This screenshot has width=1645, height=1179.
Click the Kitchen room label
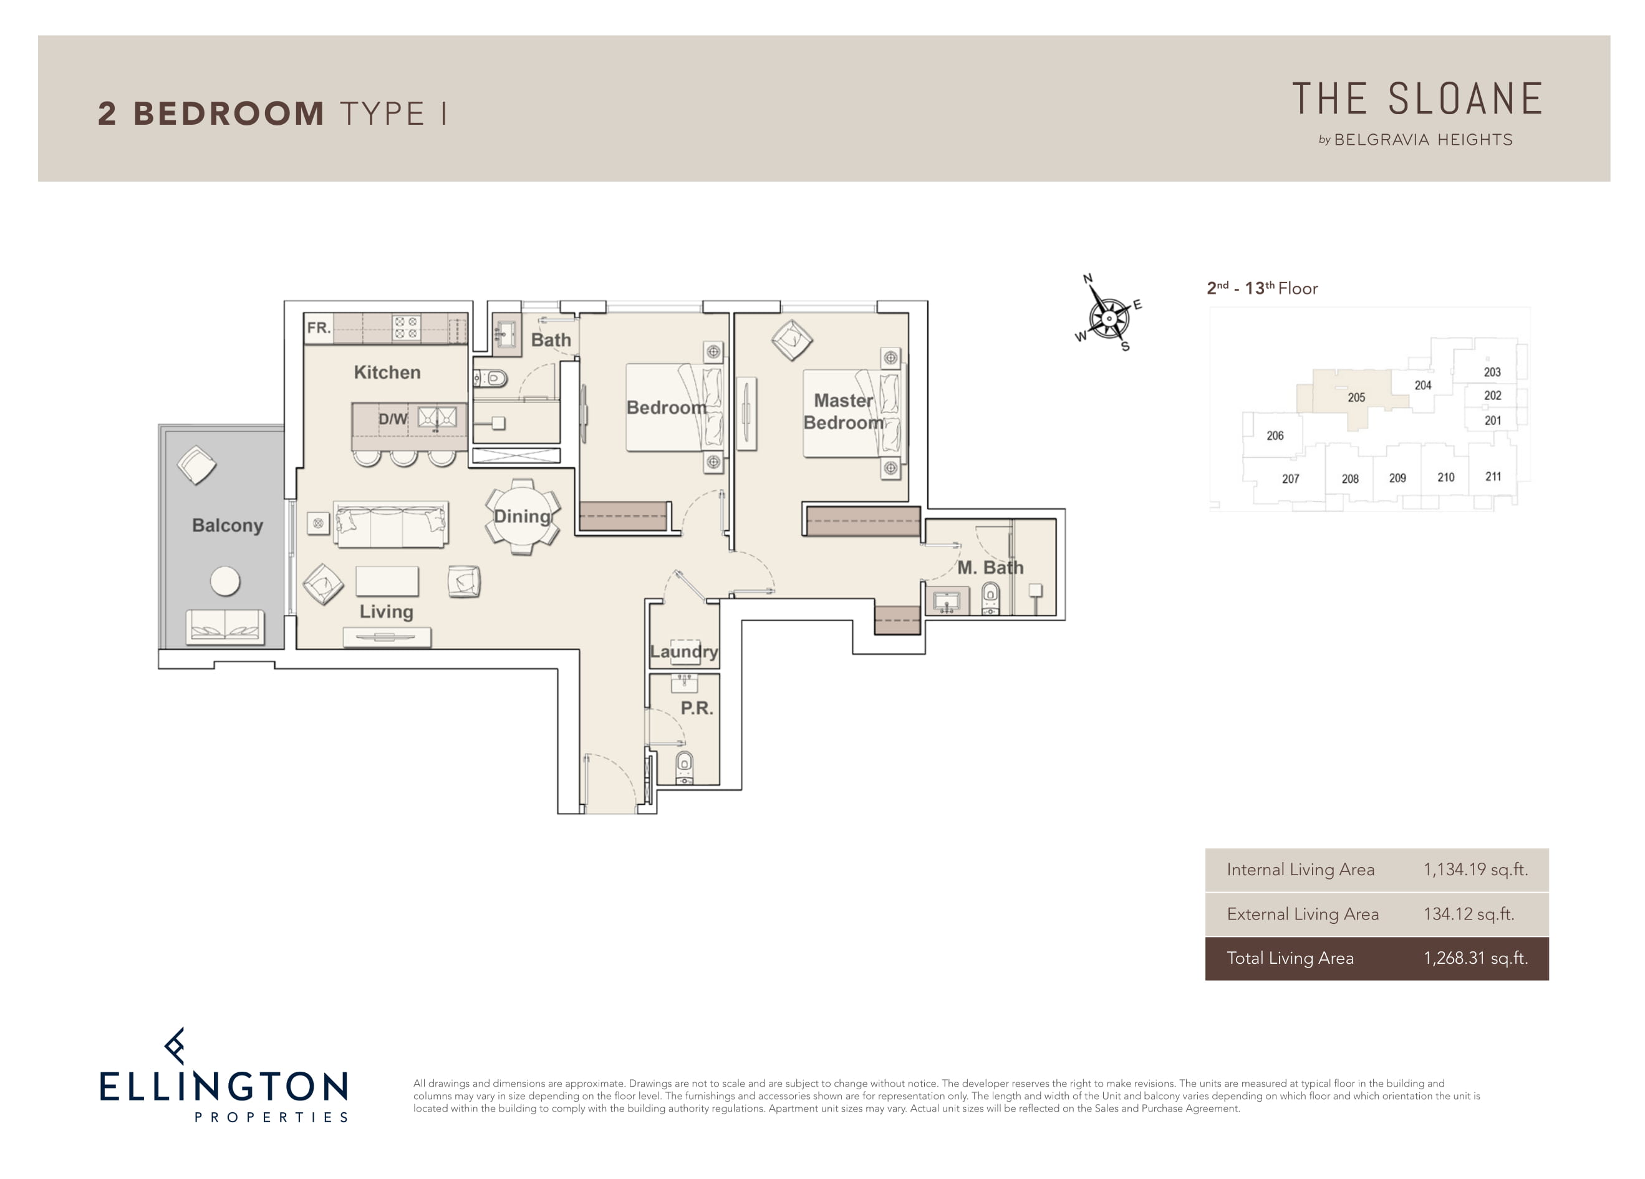pyautogui.click(x=387, y=372)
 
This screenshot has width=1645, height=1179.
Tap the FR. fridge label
pyautogui.click(x=319, y=327)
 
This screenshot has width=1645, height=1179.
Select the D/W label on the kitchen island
pyautogui.click(x=392, y=419)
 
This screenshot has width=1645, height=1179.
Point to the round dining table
pyautogui.click(x=522, y=517)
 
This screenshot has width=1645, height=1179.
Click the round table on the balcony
pyautogui.click(x=225, y=580)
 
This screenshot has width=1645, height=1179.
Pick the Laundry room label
pyautogui.click(x=684, y=651)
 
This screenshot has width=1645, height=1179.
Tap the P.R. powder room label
pyautogui.click(x=697, y=707)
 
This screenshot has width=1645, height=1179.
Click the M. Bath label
pyautogui.click(x=990, y=568)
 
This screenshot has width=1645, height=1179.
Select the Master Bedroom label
pyautogui.click(x=844, y=411)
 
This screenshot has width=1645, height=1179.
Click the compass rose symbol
pyautogui.click(x=1108, y=316)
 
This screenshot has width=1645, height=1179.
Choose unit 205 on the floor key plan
pyautogui.click(x=1356, y=397)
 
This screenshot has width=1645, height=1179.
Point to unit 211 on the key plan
pyautogui.click(x=1493, y=477)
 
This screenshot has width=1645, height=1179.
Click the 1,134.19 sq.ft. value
pyautogui.click(x=1475, y=869)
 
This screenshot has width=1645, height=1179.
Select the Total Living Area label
pyautogui.click(x=1290, y=958)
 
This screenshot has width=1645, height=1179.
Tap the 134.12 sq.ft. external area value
pyautogui.click(x=1469, y=913)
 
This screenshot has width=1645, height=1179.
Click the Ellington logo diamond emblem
pyautogui.click(x=174, y=1046)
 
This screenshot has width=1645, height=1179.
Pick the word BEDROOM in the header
pyautogui.click(x=228, y=114)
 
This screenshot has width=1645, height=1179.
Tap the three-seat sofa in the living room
pyautogui.click(x=390, y=524)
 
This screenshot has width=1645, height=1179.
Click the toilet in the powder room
pyautogui.click(x=684, y=766)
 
